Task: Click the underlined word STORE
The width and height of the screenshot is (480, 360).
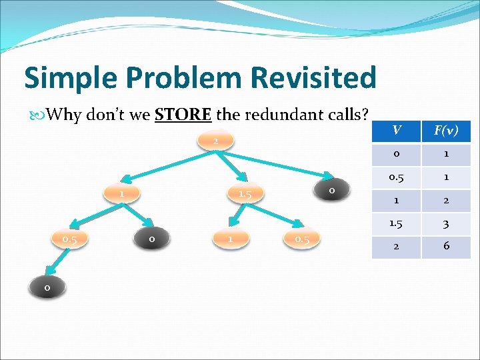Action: point(183,115)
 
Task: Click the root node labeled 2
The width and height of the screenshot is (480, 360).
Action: point(216,141)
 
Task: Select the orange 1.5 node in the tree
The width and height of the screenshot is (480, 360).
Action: point(245,193)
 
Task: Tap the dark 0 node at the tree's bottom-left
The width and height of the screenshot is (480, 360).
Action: point(46,287)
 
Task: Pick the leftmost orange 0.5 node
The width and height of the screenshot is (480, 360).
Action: point(70,238)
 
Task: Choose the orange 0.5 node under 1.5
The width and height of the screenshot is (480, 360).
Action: point(302,238)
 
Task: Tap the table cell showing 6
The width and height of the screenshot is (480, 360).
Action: point(446,246)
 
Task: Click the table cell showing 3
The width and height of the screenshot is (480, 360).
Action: point(446,223)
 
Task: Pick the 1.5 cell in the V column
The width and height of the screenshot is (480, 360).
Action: point(396,223)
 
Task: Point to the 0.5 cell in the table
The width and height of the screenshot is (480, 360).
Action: point(396,177)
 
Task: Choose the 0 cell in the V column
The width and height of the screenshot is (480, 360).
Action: point(396,155)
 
